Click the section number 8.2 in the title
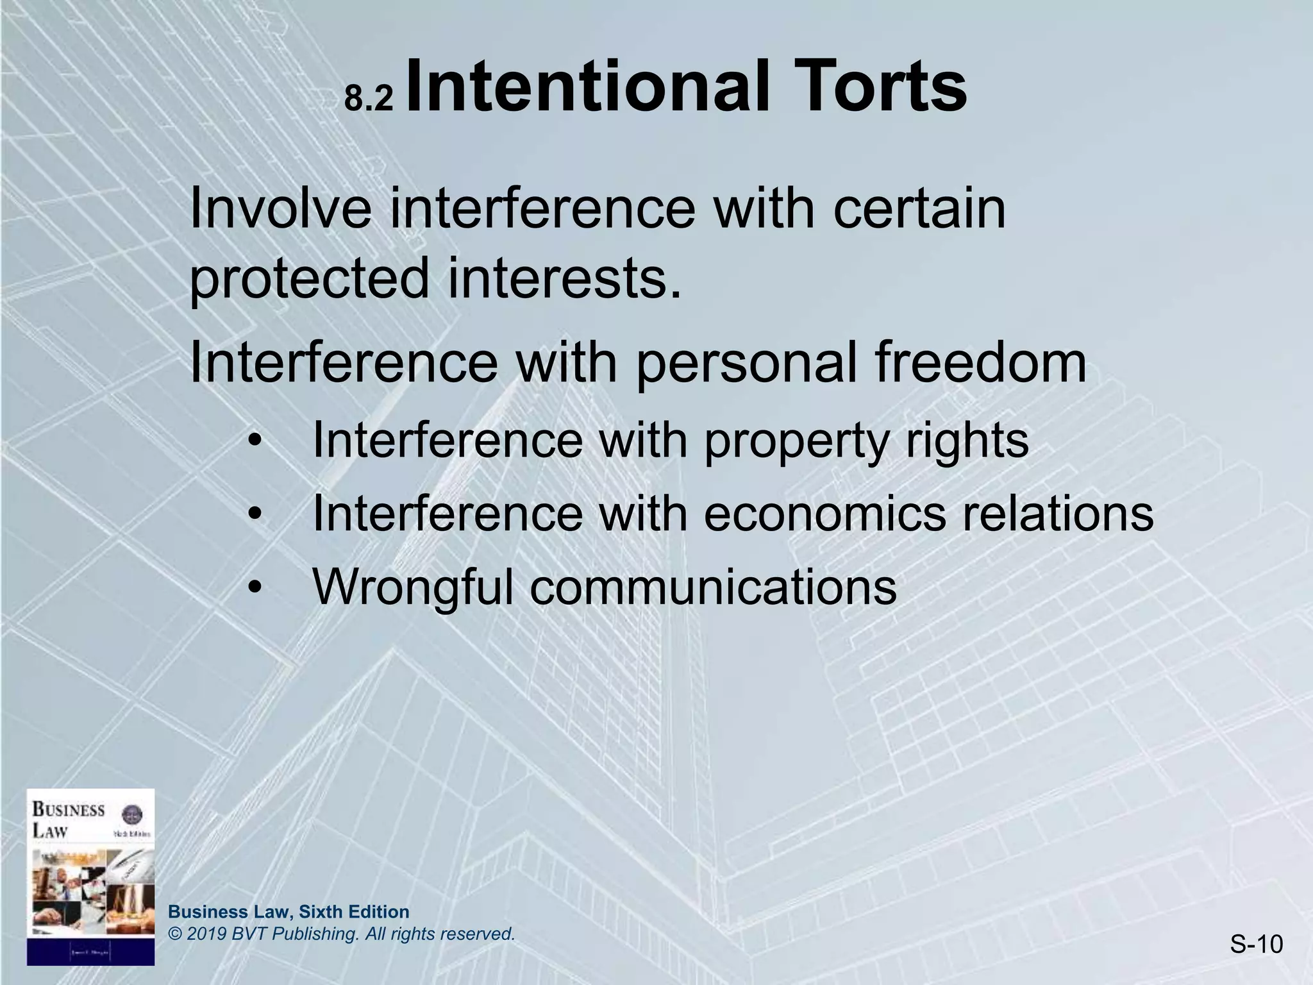coord(368,99)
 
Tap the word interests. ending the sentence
coord(564,278)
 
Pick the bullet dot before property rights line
coord(256,442)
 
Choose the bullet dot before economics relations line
coord(256,515)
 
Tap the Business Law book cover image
coord(90,877)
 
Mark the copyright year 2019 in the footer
coord(208,934)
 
